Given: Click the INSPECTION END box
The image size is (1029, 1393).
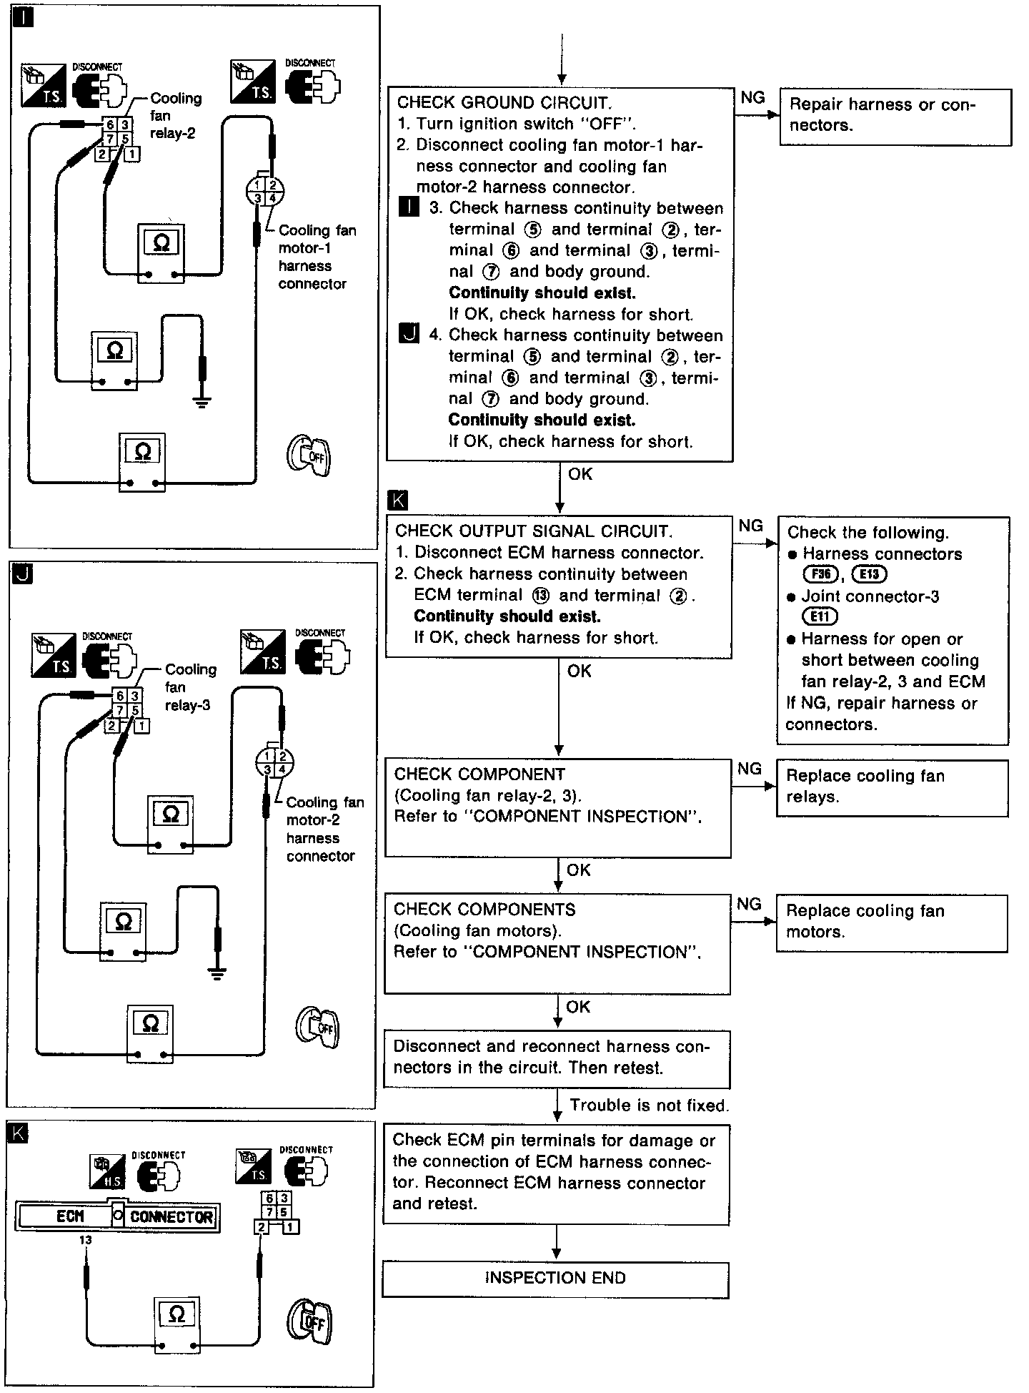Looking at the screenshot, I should click(x=555, y=1279).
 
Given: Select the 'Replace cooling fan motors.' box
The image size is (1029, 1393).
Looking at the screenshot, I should click(x=891, y=922).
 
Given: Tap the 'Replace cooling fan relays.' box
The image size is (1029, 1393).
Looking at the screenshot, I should click(x=891, y=787).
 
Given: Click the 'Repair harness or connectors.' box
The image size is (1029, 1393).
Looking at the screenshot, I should click(x=895, y=117).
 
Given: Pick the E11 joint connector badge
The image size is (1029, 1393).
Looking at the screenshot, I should click(x=820, y=616).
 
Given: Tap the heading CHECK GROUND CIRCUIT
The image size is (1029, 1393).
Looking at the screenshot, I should click(x=504, y=102).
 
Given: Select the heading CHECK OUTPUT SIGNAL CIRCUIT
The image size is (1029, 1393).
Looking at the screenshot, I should click(x=533, y=531).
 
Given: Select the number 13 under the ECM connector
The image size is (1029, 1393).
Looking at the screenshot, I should click(x=86, y=1240).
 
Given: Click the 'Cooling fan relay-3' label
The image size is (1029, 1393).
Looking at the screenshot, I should click(x=189, y=687).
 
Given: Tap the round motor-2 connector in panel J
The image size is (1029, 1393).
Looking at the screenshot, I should click(x=274, y=763).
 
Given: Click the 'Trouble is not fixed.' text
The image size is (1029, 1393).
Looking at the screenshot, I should click(x=649, y=1106).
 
